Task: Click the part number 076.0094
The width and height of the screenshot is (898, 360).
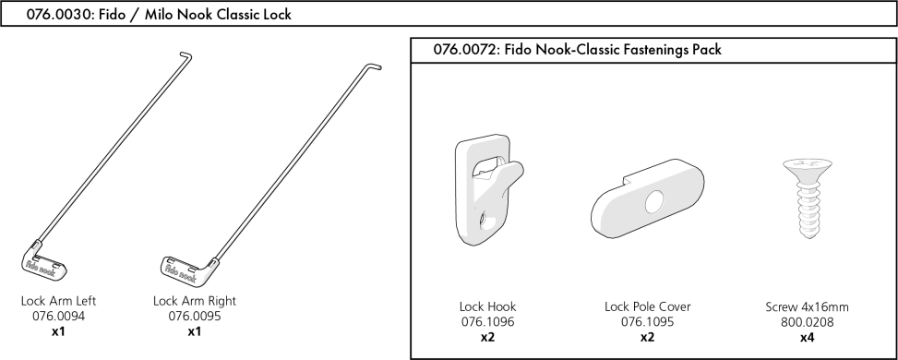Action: (x=60, y=316)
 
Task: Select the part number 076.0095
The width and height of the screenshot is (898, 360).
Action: (x=194, y=316)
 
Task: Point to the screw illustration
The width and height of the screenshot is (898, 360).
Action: (x=802, y=205)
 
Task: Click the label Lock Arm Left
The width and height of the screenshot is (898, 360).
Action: (x=60, y=301)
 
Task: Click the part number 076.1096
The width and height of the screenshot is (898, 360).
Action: (x=487, y=322)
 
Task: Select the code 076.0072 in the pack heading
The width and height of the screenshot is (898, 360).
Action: (x=461, y=50)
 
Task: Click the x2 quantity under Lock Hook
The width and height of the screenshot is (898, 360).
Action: (x=487, y=337)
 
